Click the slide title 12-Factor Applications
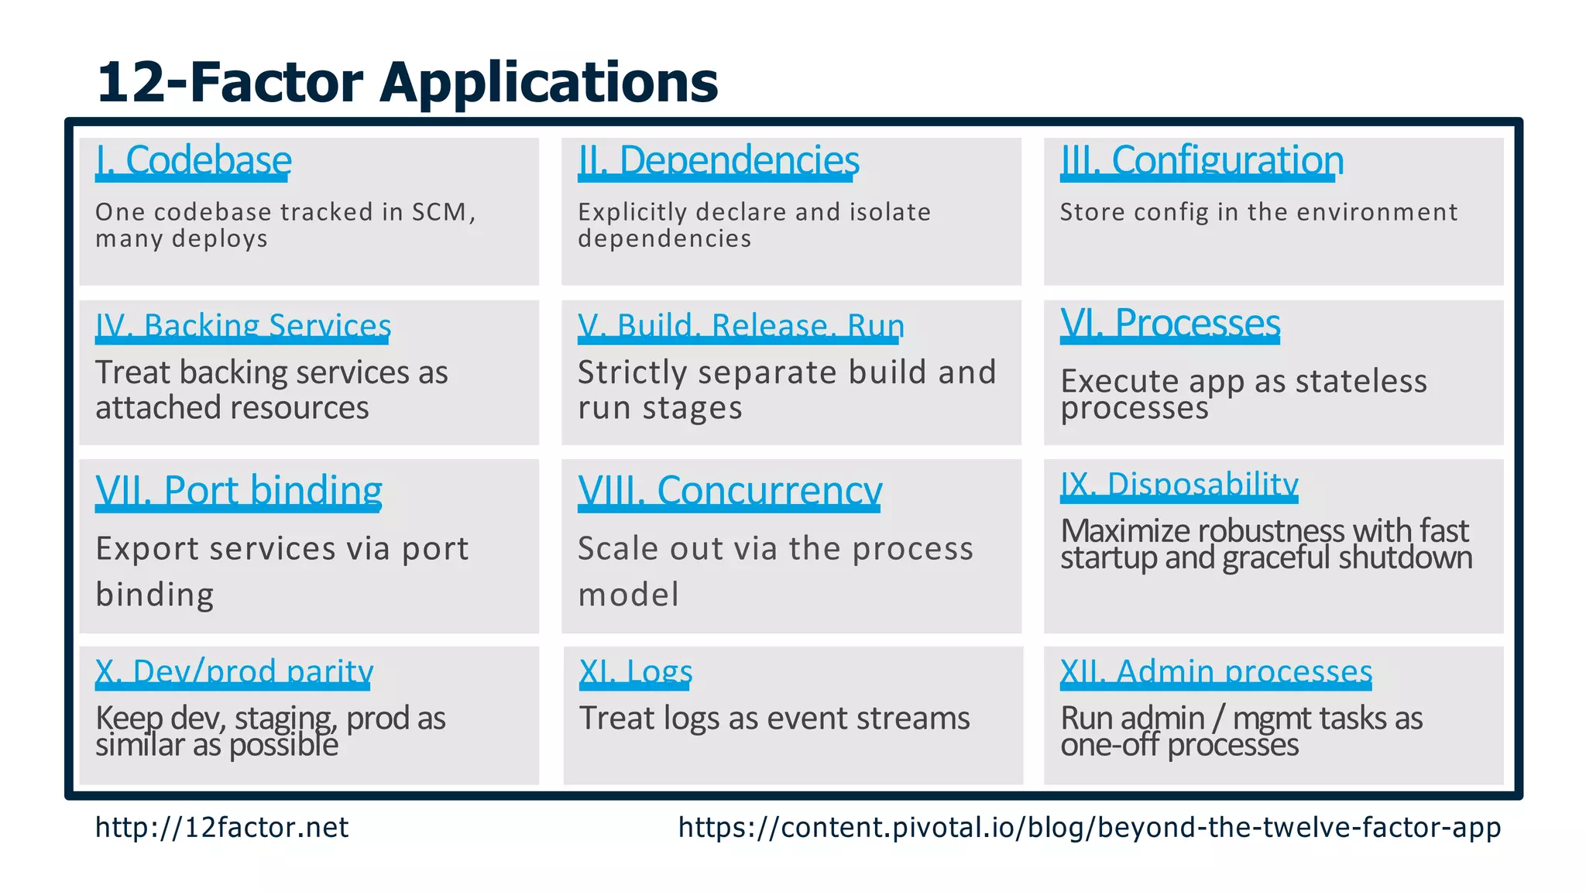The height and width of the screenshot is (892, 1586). pyautogui.click(x=407, y=83)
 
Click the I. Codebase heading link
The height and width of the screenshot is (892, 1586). pyautogui.click(x=193, y=161)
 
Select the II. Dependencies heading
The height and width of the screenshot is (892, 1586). pyautogui.click(x=718, y=161)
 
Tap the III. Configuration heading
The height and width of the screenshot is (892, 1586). pyautogui.click(x=1201, y=161)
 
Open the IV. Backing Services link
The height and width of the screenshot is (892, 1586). pyautogui.click(x=242, y=327)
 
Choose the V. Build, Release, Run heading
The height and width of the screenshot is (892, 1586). pyautogui.click(x=740, y=327)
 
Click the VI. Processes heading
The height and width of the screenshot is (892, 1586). pyautogui.click(x=1169, y=323)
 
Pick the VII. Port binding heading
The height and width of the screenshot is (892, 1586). pyautogui.click(x=239, y=491)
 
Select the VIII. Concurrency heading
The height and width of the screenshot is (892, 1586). pyautogui.click(x=729, y=491)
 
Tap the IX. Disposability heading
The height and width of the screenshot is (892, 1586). pyautogui.click(x=1179, y=485)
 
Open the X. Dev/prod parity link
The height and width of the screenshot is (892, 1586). pyautogui.click(x=234, y=672)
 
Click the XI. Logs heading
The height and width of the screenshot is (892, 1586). pyautogui.click(x=635, y=672)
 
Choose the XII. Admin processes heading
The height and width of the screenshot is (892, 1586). pyautogui.click(x=1215, y=672)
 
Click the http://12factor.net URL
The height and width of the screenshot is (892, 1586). pyautogui.click(x=221, y=828)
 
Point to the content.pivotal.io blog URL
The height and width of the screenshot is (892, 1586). pyautogui.click(x=1089, y=828)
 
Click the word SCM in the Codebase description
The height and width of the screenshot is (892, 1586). pyautogui.click(x=439, y=212)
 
